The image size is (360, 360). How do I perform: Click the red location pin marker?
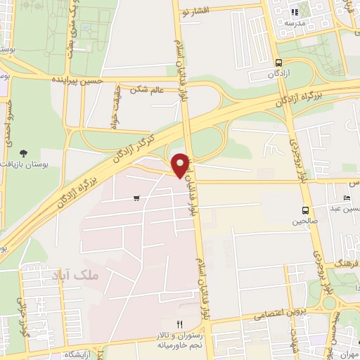tap(181, 165)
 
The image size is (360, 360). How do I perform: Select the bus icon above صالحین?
tap(305, 210)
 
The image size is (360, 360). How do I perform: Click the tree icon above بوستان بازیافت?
tap(25, 153)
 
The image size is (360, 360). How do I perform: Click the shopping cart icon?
tap(136, 199)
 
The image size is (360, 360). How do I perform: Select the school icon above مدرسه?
tap(295, 11)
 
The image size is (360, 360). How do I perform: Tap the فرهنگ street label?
tap(347, 263)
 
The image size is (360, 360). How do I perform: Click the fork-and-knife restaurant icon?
tap(179, 324)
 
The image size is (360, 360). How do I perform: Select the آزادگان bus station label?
tap(279, 73)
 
